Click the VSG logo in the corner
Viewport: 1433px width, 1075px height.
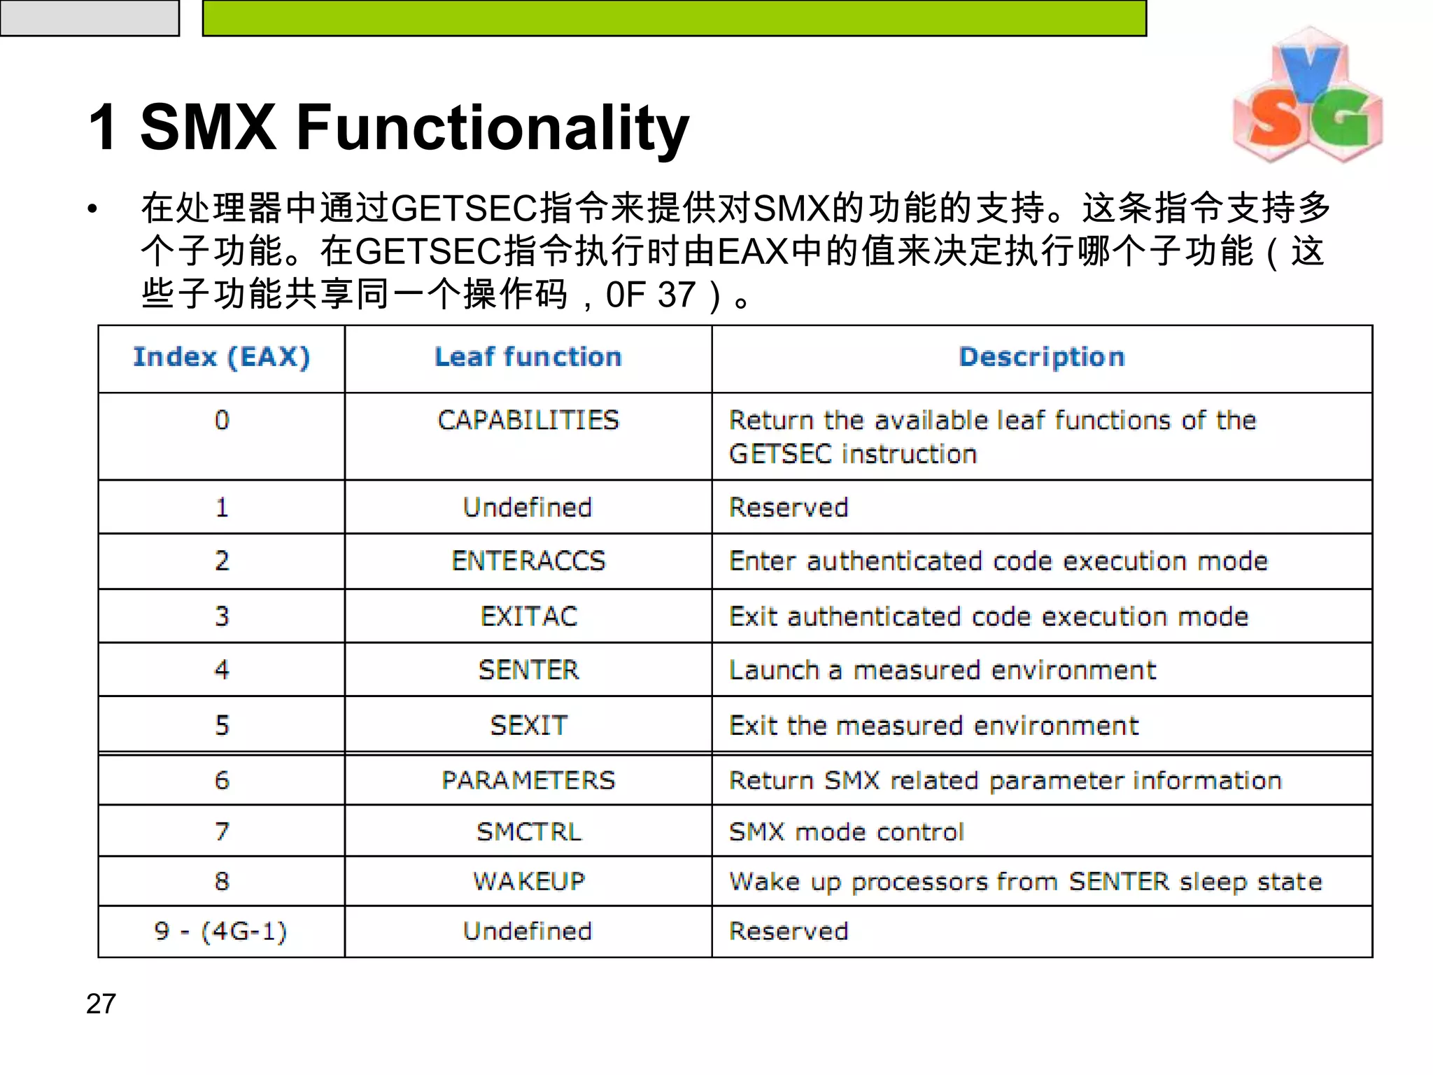[1307, 97]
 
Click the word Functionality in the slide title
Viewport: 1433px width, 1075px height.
[493, 127]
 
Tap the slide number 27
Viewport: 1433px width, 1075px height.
[101, 1004]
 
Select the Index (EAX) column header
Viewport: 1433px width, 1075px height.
[221, 357]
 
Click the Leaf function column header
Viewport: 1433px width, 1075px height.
[528, 357]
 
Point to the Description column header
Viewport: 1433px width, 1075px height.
[1042, 357]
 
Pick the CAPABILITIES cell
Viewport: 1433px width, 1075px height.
[528, 420]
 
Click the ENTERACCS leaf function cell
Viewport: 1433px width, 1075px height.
[528, 561]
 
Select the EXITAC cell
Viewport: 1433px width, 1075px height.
[528, 616]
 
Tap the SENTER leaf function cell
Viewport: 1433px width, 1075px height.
[528, 670]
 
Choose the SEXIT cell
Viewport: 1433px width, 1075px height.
[528, 725]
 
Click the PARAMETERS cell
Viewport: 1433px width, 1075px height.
[528, 780]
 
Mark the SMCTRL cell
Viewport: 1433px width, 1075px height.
[528, 831]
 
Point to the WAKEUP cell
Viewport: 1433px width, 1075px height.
[528, 881]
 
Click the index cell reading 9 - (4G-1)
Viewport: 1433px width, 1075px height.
[221, 931]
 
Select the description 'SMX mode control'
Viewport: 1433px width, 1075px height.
[846, 831]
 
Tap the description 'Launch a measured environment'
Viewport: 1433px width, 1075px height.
[942, 670]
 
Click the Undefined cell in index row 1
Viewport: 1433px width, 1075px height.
[528, 507]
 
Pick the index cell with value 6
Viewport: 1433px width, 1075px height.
[221, 780]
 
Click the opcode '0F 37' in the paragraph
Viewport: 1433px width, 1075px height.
[650, 295]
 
